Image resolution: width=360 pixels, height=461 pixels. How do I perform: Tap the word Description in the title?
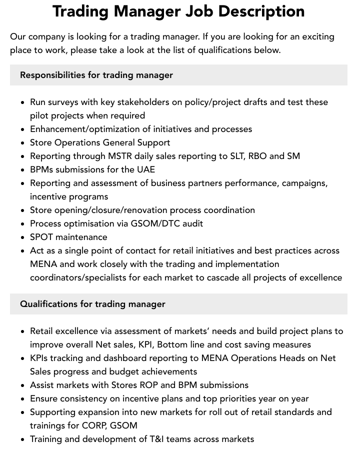click(261, 11)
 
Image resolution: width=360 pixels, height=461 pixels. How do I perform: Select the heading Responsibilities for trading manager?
click(96, 75)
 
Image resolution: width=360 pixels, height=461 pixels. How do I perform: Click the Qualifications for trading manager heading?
click(92, 304)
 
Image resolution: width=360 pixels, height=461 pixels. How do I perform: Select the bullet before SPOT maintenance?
click(22, 237)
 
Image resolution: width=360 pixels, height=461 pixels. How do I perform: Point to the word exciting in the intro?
click(318, 36)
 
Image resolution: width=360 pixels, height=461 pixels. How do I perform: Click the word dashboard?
click(125, 358)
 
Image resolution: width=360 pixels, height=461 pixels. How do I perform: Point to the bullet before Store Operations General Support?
click(22, 142)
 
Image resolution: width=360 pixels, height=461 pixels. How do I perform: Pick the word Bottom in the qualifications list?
click(172, 344)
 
